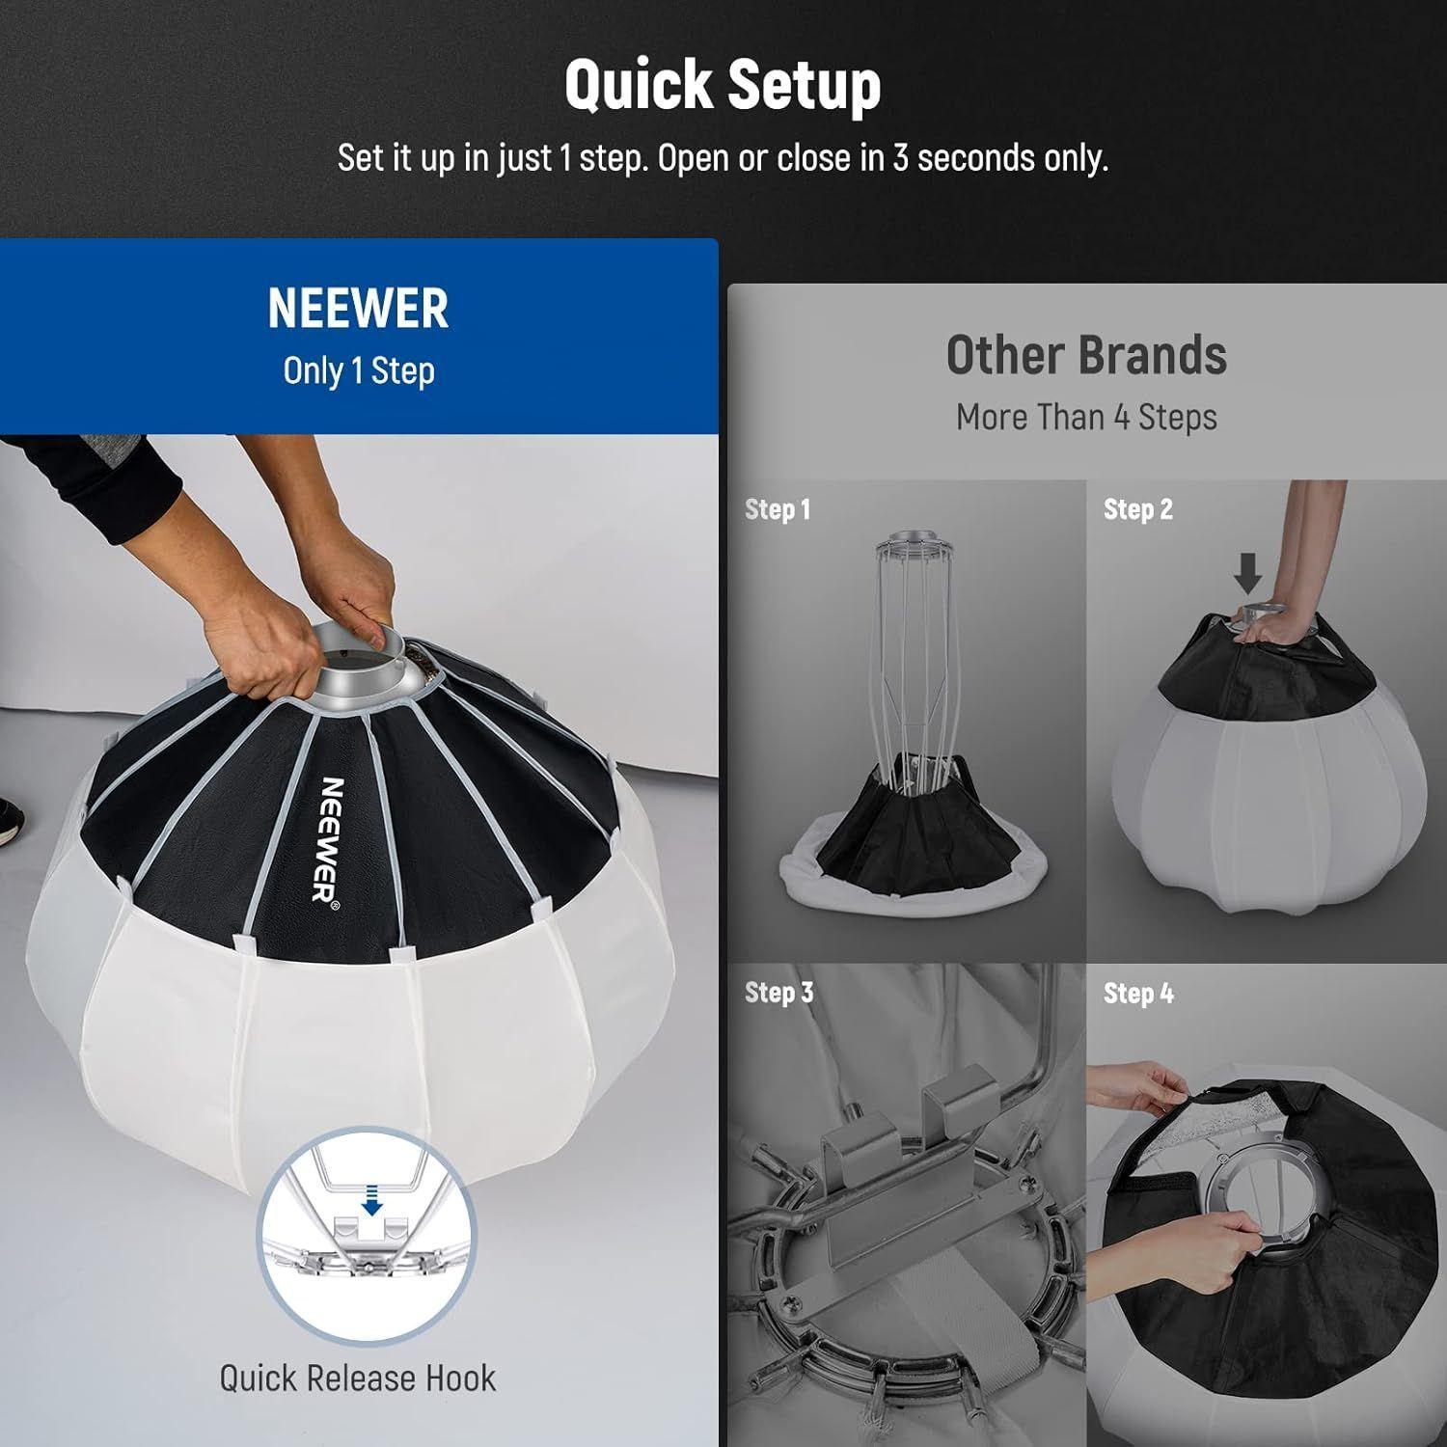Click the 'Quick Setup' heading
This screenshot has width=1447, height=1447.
[x=723, y=85]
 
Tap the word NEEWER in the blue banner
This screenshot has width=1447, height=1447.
[x=358, y=309]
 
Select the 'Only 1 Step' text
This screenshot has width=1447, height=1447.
[x=358, y=371]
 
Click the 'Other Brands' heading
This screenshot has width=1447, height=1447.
[x=1086, y=355]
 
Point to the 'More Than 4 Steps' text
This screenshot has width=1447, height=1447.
[x=1086, y=418]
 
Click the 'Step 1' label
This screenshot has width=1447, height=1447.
[x=778, y=509]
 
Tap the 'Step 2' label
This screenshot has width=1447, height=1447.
[x=1138, y=509]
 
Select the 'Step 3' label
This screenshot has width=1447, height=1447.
[x=779, y=993]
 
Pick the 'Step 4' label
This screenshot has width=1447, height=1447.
[x=1138, y=993]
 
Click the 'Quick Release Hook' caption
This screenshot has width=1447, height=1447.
[x=358, y=1379]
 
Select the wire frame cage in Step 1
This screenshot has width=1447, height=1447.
[x=910, y=646]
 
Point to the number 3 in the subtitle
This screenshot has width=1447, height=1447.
[x=900, y=158]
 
